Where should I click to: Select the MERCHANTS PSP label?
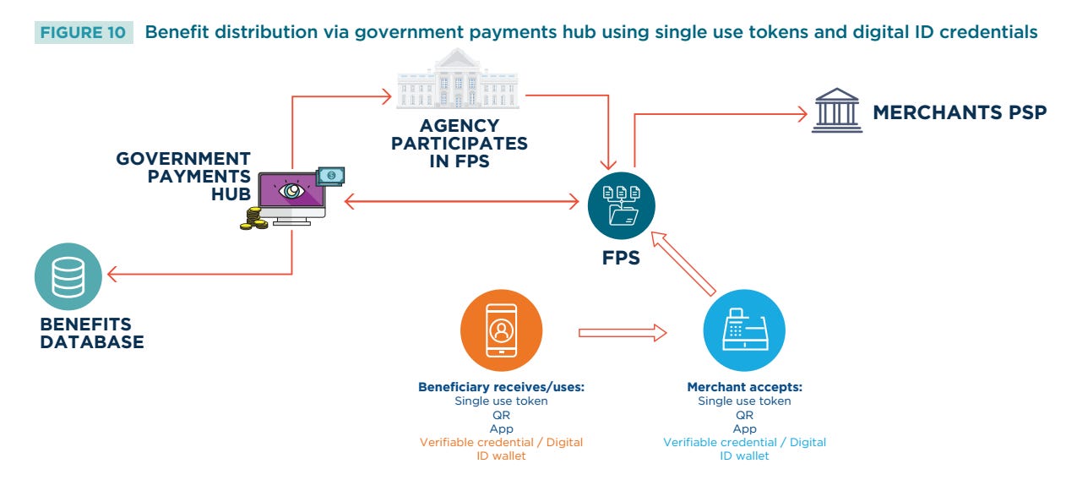pyautogui.click(x=960, y=112)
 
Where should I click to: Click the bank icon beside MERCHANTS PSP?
pyautogui.click(x=836, y=111)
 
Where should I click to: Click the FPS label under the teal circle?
pyautogui.click(x=621, y=259)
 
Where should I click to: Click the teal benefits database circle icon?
pyautogui.click(x=68, y=276)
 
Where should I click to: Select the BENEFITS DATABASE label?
pyautogui.click(x=91, y=333)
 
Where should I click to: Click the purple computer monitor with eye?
pyautogui.click(x=291, y=194)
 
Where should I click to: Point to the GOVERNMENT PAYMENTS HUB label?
pyautogui.click(x=183, y=176)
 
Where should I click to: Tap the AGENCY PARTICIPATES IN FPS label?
pyautogui.click(x=459, y=144)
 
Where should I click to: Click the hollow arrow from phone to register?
pyautogui.click(x=622, y=333)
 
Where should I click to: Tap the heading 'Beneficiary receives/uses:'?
pyautogui.click(x=501, y=387)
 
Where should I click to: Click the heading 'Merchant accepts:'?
pyautogui.click(x=744, y=387)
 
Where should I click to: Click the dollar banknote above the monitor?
pyautogui.click(x=330, y=175)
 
